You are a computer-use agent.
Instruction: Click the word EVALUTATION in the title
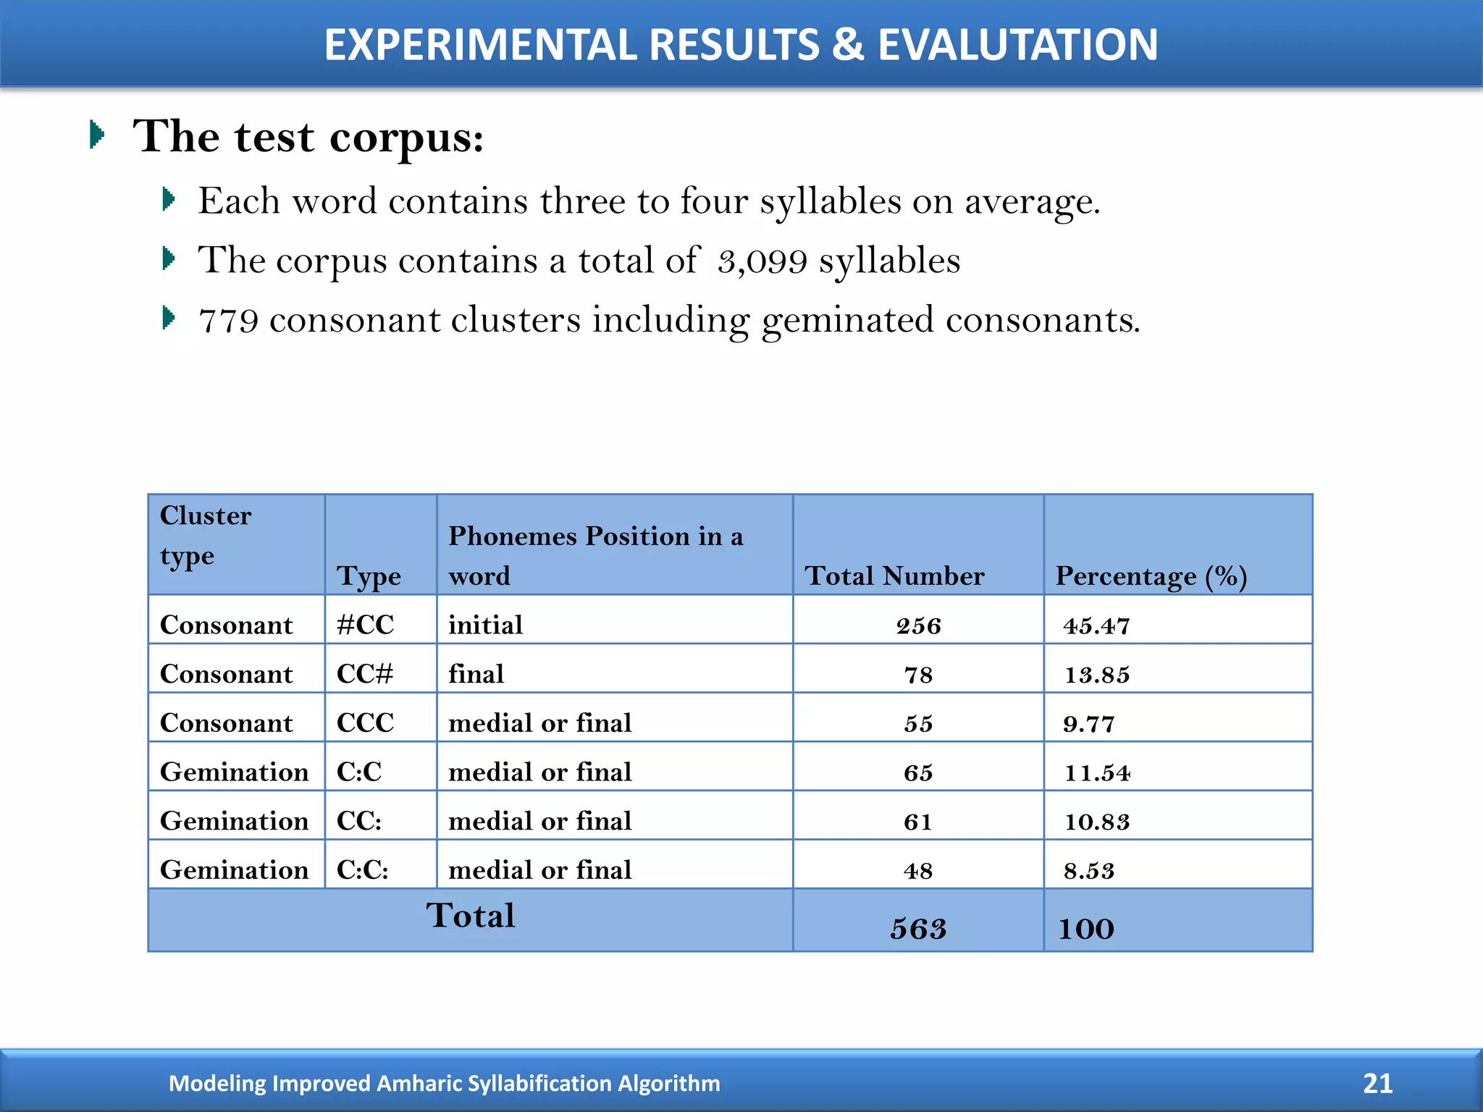[x=1017, y=45]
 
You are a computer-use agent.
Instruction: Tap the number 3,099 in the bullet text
[x=762, y=261]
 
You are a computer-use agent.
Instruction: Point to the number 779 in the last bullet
[x=228, y=321]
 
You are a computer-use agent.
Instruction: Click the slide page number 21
[x=1377, y=1083]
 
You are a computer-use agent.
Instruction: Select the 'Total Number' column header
[x=894, y=576]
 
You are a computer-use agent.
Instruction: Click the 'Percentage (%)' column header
[x=1151, y=576]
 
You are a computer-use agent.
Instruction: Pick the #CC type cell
[x=366, y=625]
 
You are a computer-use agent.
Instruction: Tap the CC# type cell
[x=365, y=674]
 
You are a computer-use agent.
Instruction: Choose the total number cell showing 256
[x=918, y=625]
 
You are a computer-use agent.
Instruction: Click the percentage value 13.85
[x=1097, y=675]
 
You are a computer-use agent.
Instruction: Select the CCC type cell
[x=366, y=723]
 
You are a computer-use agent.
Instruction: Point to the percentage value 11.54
[x=1097, y=772]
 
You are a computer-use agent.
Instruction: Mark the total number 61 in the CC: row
[x=917, y=822]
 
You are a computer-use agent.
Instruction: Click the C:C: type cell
[x=363, y=869]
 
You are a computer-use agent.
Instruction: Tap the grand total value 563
[x=918, y=929]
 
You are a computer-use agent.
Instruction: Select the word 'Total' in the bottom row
[x=471, y=916]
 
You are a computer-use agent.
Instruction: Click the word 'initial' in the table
[x=485, y=625]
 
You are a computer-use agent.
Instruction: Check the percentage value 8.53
[x=1089, y=870]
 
